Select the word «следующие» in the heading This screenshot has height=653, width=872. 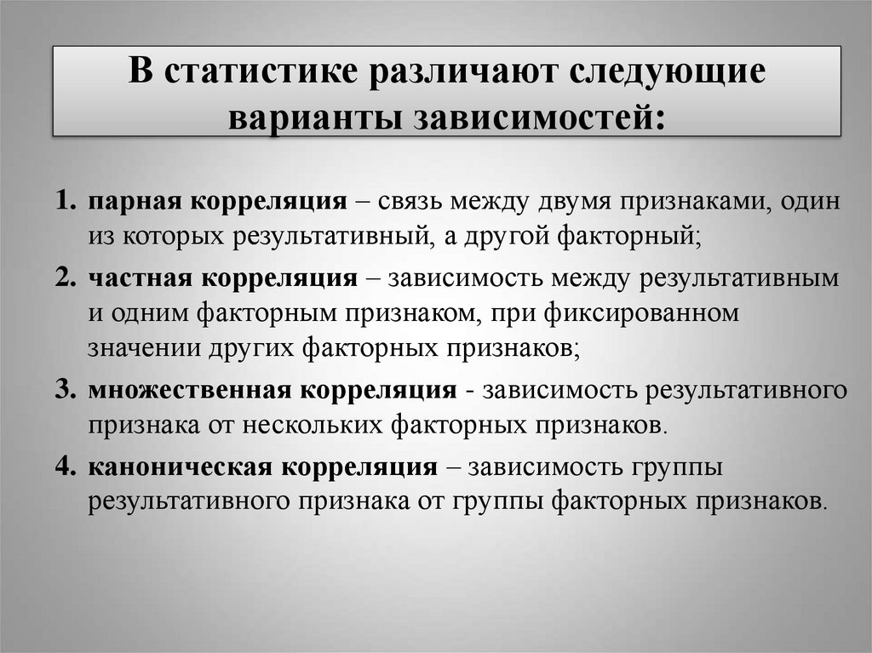[x=663, y=72]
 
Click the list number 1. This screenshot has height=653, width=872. [x=66, y=203]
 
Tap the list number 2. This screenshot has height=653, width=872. [x=66, y=278]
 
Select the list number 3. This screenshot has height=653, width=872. [x=66, y=390]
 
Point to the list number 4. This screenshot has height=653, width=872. [x=66, y=467]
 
